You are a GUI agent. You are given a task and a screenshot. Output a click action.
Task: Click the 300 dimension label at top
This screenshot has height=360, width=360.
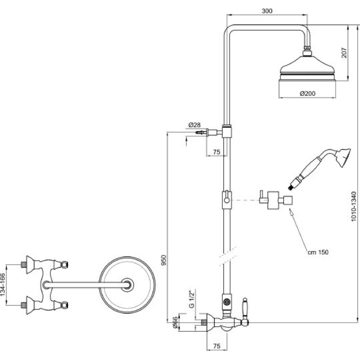click(267, 11)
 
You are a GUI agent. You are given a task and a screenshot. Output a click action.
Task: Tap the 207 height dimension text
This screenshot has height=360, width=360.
click(345, 53)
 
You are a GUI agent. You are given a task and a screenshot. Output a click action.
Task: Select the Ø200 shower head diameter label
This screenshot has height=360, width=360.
click(308, 94)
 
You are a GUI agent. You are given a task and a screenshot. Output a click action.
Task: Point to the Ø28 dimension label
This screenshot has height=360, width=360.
click(194, 125)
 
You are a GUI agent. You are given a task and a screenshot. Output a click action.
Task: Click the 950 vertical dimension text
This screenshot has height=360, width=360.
click(164, 260)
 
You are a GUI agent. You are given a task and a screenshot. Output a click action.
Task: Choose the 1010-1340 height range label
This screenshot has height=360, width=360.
click(354, 207)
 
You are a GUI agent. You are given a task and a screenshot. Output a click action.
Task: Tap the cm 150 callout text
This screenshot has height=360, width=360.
click(318, 252)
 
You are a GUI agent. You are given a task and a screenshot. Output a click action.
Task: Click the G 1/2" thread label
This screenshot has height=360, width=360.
click(192, 298)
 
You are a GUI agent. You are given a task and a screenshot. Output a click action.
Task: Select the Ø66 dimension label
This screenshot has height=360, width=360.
click(175, 323)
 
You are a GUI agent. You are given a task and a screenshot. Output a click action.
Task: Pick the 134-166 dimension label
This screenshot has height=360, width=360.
click(3, 285)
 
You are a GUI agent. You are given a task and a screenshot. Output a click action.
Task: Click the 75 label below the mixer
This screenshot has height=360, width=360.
click(217, 346)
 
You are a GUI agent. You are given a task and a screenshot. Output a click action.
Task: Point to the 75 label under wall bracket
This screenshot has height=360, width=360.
click(216, 152)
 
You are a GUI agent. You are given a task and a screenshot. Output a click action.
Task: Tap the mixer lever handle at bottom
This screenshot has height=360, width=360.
click(245, 311)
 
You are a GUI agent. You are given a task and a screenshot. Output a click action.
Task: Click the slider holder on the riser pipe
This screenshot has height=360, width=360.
click(227, 200)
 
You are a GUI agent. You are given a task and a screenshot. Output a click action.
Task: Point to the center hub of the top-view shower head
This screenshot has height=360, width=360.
click(127, 285)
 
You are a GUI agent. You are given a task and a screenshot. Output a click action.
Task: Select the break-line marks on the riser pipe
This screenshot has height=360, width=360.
click(227, 256)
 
